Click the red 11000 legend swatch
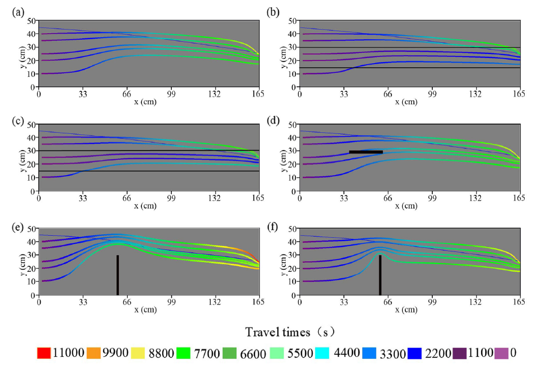pos(44,353)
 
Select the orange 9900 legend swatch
pos(98,353)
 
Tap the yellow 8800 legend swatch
pos(147,353)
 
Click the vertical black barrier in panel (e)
pos(117,275)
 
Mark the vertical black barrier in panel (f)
pos(380,275)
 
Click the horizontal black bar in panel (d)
pos(366,152)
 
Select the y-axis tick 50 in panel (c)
pos(32,125)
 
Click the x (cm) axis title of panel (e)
pos(148,309)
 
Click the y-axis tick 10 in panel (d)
pos(292,178)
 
